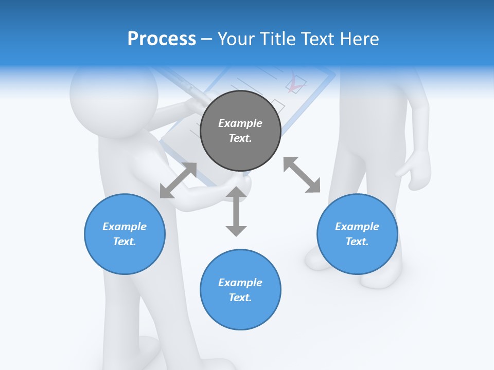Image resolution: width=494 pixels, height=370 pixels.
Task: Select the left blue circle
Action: tap(125, 234)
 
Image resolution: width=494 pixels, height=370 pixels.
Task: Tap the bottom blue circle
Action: tap(240, 290)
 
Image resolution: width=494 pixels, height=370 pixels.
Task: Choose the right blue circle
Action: tap(357, 234)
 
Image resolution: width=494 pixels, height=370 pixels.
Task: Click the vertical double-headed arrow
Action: tap(236, 211)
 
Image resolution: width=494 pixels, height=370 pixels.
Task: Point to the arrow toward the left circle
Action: tap(178, 180)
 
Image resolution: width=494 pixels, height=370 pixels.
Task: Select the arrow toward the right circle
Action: tap(302, 175)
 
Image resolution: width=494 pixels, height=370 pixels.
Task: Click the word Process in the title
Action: tap(162, 39)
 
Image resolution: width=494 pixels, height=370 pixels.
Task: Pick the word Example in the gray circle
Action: tap(240, 123)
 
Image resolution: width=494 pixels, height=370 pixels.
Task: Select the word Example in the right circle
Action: tap(357, 227)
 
